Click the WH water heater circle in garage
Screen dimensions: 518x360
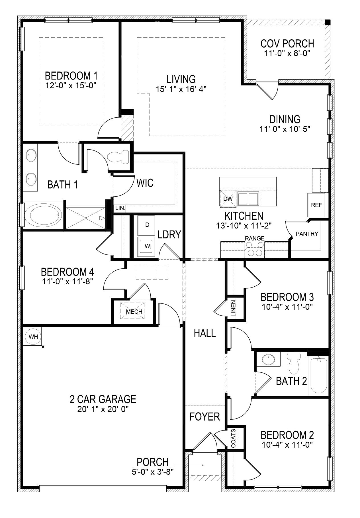(33, 337)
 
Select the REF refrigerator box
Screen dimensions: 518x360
(316, 205)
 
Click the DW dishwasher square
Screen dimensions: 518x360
(228, 199)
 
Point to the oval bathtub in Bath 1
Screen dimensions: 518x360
(43, 215)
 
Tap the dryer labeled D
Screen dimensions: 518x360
(147, 225)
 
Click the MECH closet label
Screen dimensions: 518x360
(134, 311)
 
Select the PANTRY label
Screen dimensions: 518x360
(307, 234)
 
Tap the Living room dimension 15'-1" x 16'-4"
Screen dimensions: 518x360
(181, 89)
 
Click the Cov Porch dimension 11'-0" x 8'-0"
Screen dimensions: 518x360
(287, 53)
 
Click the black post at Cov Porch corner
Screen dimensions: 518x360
(328, 22)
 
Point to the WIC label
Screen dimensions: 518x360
(145, 183)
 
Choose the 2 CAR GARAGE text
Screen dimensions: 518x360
(103, 399)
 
